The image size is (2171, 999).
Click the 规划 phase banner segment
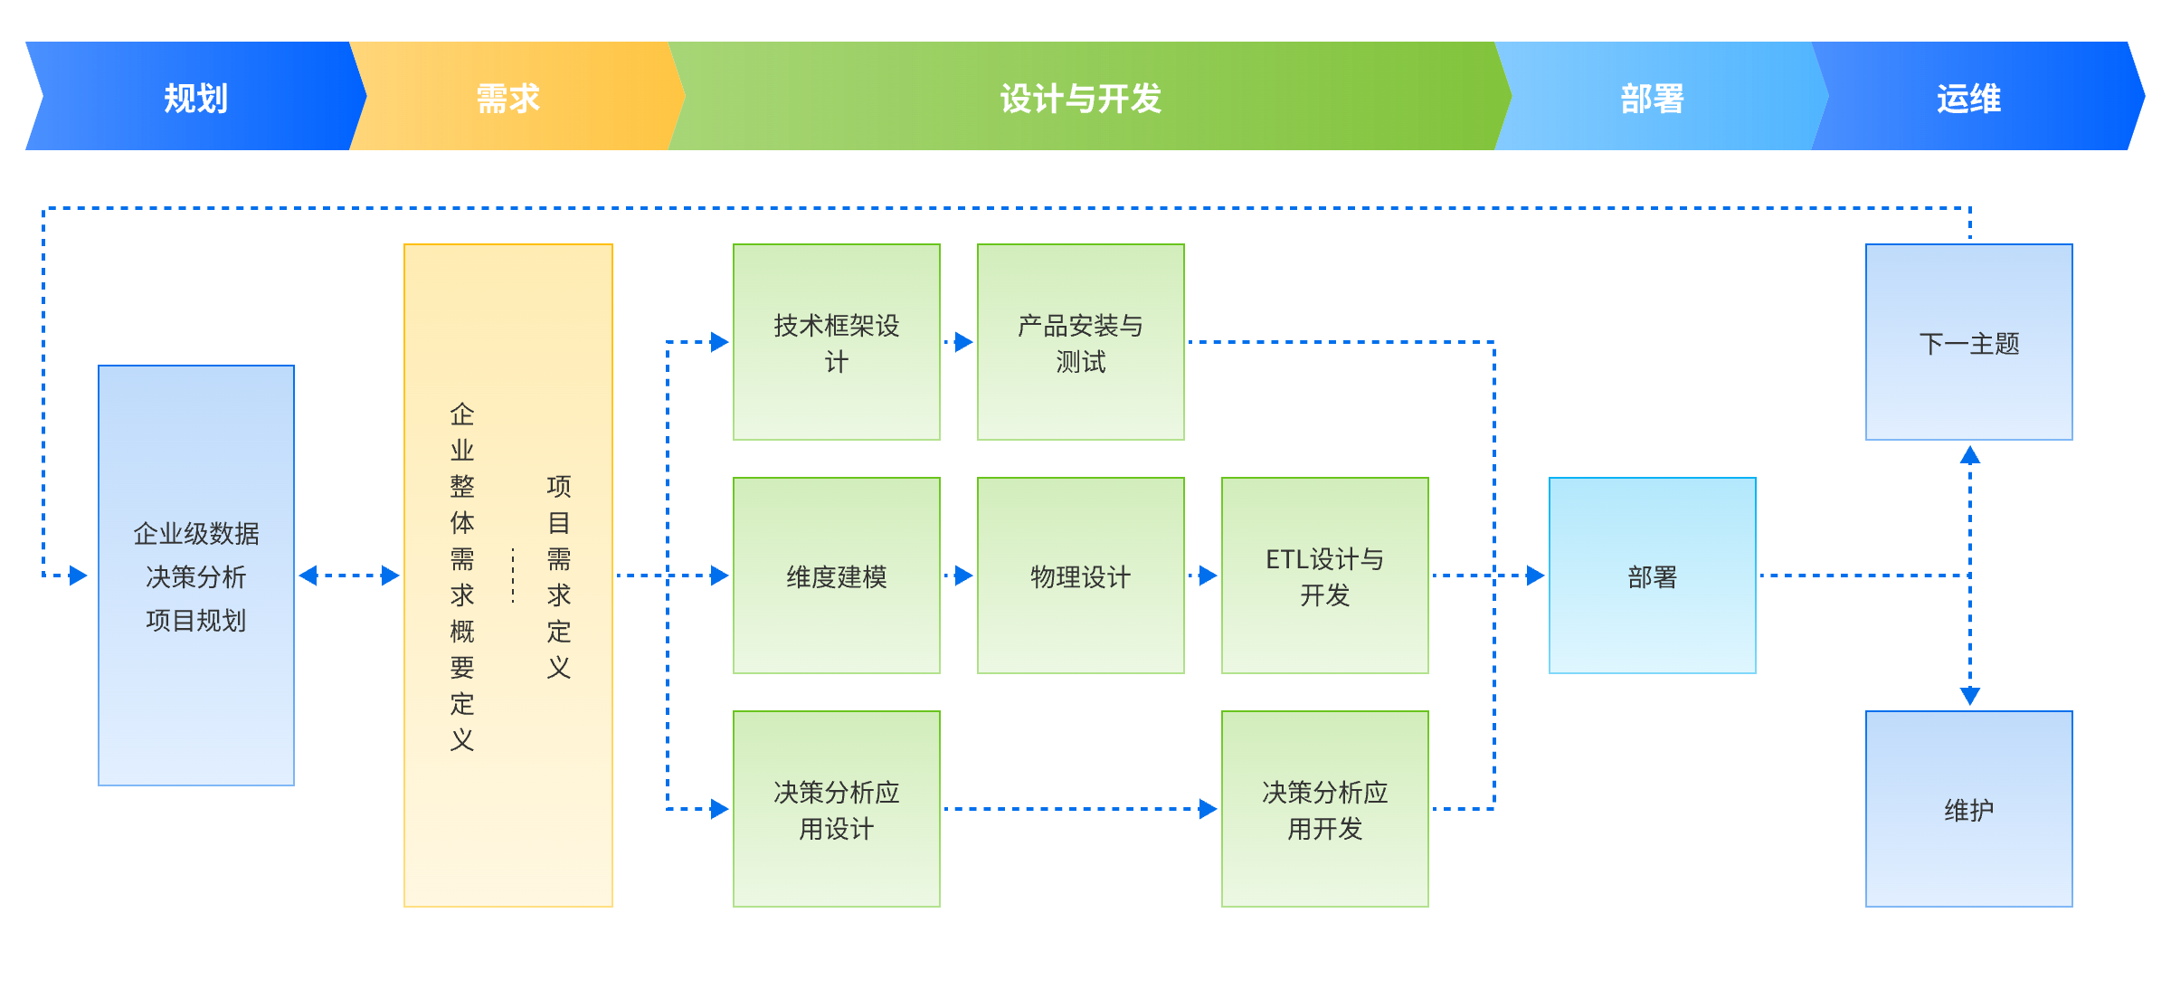coord(195,97)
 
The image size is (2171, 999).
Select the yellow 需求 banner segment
coord(508,97)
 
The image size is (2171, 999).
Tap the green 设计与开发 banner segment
coord(1081,97)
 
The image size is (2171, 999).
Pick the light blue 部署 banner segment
coord(1652,97)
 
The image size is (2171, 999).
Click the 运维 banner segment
coord(1968,97)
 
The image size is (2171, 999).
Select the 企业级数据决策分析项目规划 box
coord(196,576)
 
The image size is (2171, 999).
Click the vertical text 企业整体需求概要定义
coord(462,576)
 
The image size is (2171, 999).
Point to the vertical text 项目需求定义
coord(559,576)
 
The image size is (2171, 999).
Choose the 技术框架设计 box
coord(837,342)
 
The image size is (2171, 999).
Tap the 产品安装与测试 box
coord(1081,342)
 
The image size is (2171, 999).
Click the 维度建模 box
coord(837,576)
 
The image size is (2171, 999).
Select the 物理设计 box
coord(1081,576)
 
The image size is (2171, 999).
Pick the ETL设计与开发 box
coord(1325,576)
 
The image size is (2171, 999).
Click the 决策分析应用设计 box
coord(837,809)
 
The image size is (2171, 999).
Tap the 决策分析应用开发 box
coord(1325,809)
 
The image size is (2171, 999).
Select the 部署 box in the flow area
coord(1653,576)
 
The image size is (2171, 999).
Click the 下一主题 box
coord(1969,342)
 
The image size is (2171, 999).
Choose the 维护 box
coord(1969,809)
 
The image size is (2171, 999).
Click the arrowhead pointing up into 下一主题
coord(1970,454)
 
